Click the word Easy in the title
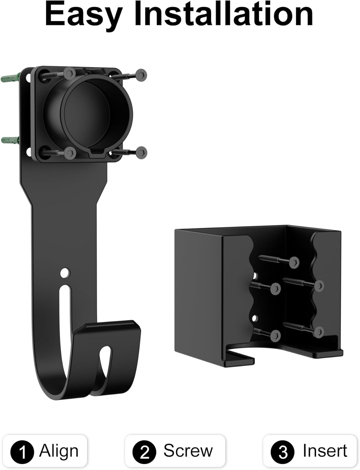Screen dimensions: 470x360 [x=83, y=15]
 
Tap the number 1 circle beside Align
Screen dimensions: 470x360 [x=22, y=452]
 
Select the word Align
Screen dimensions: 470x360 [x=59, y=451]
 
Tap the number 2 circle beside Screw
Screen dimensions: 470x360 [x=144, y=452]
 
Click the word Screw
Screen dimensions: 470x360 [x=188, y=451]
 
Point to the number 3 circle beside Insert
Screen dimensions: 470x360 [x=283, y=452]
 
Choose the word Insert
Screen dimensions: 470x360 [x=325, y=451]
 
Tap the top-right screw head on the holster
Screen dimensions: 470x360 [x=141, y=75]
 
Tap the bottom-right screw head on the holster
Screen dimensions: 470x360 [x=141, y=152]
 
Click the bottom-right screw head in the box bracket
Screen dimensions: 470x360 [x=319, y=332]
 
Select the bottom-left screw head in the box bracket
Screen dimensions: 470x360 [x=275, y=335]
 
